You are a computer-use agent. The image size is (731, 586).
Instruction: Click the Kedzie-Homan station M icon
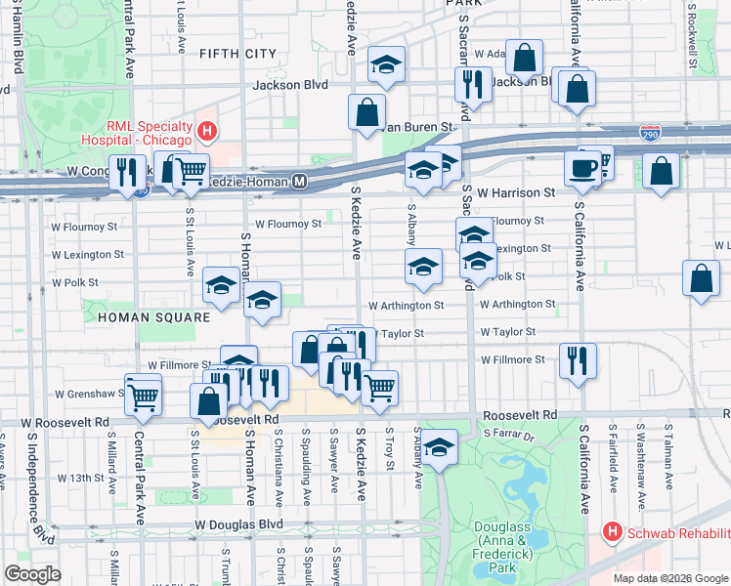[300, 182]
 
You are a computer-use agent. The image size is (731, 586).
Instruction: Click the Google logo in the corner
[32, 574]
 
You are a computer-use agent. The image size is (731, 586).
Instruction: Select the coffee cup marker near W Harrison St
[584, 167]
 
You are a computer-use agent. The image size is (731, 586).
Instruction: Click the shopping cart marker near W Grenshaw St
[144, 395]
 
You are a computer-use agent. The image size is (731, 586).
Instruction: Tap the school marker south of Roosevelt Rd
[440, 447]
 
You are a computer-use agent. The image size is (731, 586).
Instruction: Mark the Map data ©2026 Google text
[670, 578]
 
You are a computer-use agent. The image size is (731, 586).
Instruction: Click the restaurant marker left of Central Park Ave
[127, 175]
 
